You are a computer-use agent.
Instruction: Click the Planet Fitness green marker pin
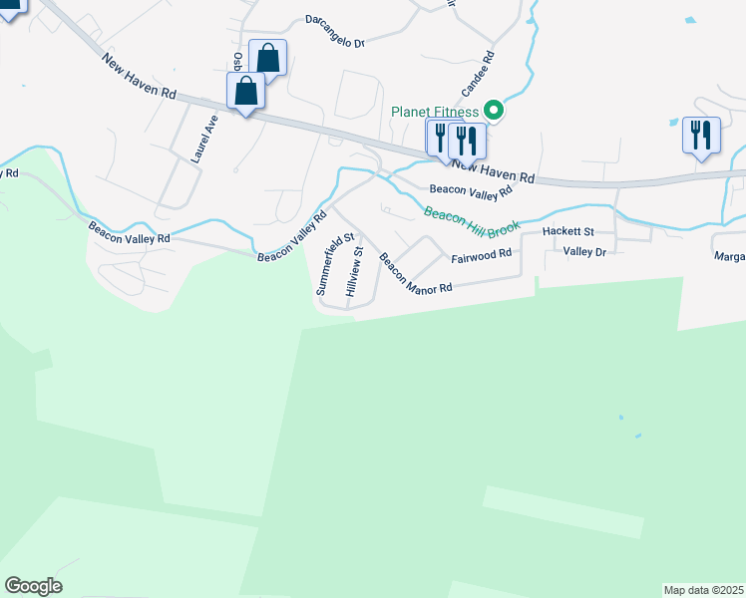(x=492, y=110)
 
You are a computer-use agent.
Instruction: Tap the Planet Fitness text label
(x=435, y=110)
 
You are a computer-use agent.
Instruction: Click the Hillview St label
(x=354, y=270)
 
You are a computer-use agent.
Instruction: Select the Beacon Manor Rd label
(x=415, y=273)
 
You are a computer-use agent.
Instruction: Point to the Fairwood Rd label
(x=481, y=254)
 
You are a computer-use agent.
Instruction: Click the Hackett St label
(x=567, y=231)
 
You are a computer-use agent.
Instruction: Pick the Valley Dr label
(x=584, y=252)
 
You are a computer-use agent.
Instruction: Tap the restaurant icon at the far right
(x=701, y=135)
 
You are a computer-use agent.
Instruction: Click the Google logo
(x=33, y=586)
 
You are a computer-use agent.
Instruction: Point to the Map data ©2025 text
(x=704, y=590)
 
